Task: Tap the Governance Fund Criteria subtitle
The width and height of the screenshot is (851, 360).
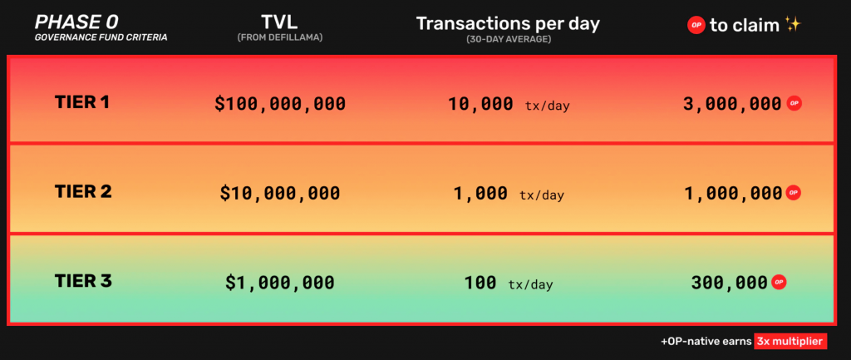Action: tap(100, 37)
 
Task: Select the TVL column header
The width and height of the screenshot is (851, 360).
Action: tap(279, 22)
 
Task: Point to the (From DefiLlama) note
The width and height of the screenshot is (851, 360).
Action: tap(279, 37)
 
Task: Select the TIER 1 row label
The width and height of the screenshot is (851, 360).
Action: tap(82, 102)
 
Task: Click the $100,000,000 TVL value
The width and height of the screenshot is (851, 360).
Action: tap(280, 104)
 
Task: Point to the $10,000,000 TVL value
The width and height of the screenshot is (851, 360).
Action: tap(280, 193)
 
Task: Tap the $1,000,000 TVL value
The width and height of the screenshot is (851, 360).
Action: tap(280, 283)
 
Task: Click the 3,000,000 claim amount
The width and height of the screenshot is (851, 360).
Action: tap(731, 104)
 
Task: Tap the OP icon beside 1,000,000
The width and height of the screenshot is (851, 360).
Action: tap(794, 193)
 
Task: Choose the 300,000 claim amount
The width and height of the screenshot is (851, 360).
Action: tap(729, 283)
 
